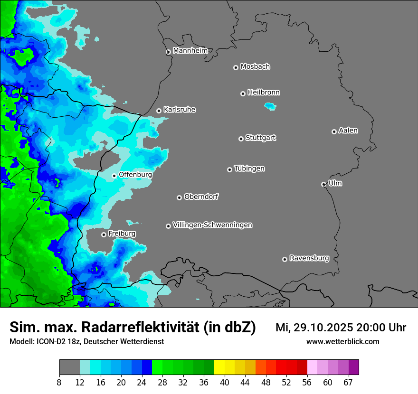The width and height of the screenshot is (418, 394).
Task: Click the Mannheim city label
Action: click(190, 50)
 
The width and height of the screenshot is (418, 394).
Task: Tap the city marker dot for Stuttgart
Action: click(241, 139)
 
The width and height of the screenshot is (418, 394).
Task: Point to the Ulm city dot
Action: click(323, 184)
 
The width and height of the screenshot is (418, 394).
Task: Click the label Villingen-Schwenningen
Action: click(213, 225)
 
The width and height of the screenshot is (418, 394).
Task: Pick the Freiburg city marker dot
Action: click(104, 235)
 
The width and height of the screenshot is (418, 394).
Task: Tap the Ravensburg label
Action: click(309, 258)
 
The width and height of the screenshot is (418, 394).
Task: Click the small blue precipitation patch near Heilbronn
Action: click(270, 107)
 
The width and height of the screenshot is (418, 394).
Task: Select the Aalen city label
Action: click(348, 131)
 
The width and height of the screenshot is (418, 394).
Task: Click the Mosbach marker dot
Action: click(236, 67)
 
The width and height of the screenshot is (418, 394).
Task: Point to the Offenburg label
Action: click(135, 175)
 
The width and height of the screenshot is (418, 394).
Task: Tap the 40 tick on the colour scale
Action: click(225, 383)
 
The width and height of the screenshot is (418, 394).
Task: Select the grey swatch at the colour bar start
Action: click(69, 367)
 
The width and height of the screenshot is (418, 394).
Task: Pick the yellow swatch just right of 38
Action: click(219, 367)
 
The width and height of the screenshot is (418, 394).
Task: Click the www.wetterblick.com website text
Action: click(342, 342)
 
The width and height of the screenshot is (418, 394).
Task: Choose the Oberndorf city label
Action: click(201, 197)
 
